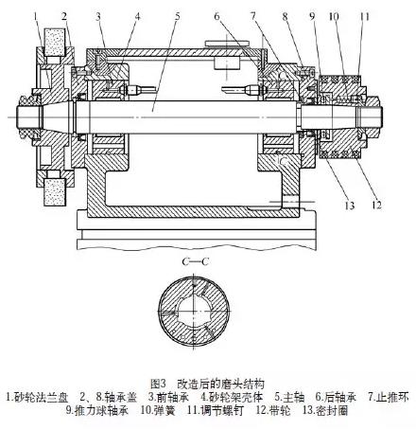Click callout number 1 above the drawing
(x=35, y=15)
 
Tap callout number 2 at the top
(x=64, y=15)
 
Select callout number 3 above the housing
(x=97, y=15)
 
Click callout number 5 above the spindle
(x=177, y=15)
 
